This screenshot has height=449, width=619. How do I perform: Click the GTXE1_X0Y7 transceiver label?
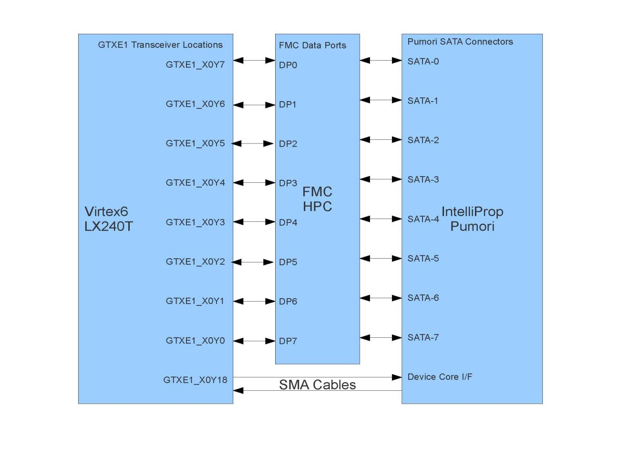[195, 65]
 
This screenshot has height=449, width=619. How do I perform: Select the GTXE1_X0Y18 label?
[195, 380]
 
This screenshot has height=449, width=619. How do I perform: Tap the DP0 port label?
[288, 65]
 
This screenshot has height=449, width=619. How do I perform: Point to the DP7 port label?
[288, 341]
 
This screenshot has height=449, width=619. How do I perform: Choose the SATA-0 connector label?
[423, 62]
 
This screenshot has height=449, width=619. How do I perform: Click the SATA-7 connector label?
[423, 337]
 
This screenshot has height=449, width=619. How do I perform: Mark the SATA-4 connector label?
[423, 219]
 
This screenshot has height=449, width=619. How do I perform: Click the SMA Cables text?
[317, 385]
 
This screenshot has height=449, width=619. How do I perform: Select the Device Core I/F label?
[440, 377]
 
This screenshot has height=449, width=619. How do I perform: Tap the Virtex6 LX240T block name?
[108, 219]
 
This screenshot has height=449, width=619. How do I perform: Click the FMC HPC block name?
[317, 199]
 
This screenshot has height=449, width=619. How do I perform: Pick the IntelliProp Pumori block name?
[472, 219]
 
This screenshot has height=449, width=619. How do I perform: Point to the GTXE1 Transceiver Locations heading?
[160, 45]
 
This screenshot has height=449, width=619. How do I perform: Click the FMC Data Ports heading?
[312, 45]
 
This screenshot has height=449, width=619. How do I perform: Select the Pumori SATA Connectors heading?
[460, 42]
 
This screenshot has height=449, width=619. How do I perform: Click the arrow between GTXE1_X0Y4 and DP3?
[254, 183]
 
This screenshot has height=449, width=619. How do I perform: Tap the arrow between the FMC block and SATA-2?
[381, 140]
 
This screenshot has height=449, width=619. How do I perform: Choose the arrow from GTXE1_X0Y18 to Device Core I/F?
[317, 377]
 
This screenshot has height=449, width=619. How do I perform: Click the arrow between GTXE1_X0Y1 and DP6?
[254, 301]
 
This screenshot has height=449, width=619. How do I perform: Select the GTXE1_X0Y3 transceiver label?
[195, 222]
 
